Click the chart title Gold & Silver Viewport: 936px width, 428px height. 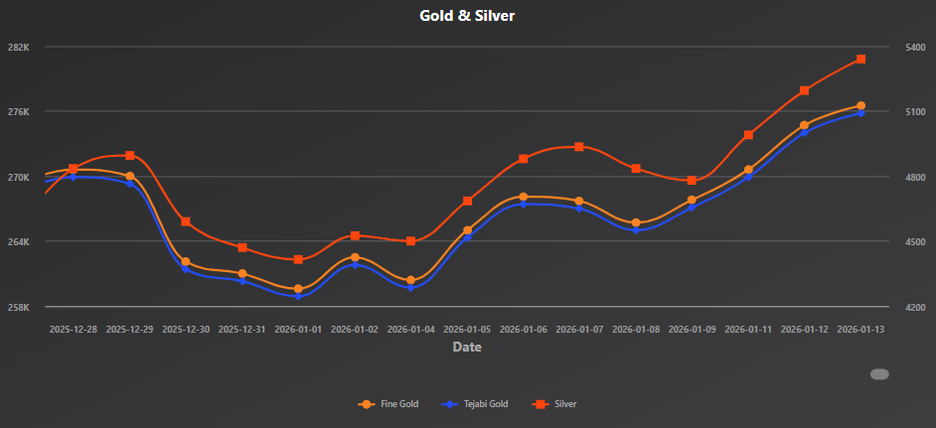point(467,16)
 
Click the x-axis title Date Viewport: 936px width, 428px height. point(467,347)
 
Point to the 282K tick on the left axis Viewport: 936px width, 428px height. point(20,47)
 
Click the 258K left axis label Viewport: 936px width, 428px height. point(20,307)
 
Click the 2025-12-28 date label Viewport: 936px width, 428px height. point(74,329)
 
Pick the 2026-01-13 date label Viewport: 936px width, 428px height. point(860,329)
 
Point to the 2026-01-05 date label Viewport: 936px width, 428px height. point(467,329)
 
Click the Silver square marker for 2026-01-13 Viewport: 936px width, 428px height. point(860,60)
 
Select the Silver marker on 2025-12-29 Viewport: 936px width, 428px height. point(130,155)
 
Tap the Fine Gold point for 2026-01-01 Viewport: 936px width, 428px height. point(298,289)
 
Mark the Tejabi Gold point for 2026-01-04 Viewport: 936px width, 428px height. point(410,288)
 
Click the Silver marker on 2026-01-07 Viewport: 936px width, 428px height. point(579,147)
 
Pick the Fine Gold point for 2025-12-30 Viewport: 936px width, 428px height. point(186,261)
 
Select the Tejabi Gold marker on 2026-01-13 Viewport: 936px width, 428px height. point(860,113)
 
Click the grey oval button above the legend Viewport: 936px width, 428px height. point(879,374)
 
